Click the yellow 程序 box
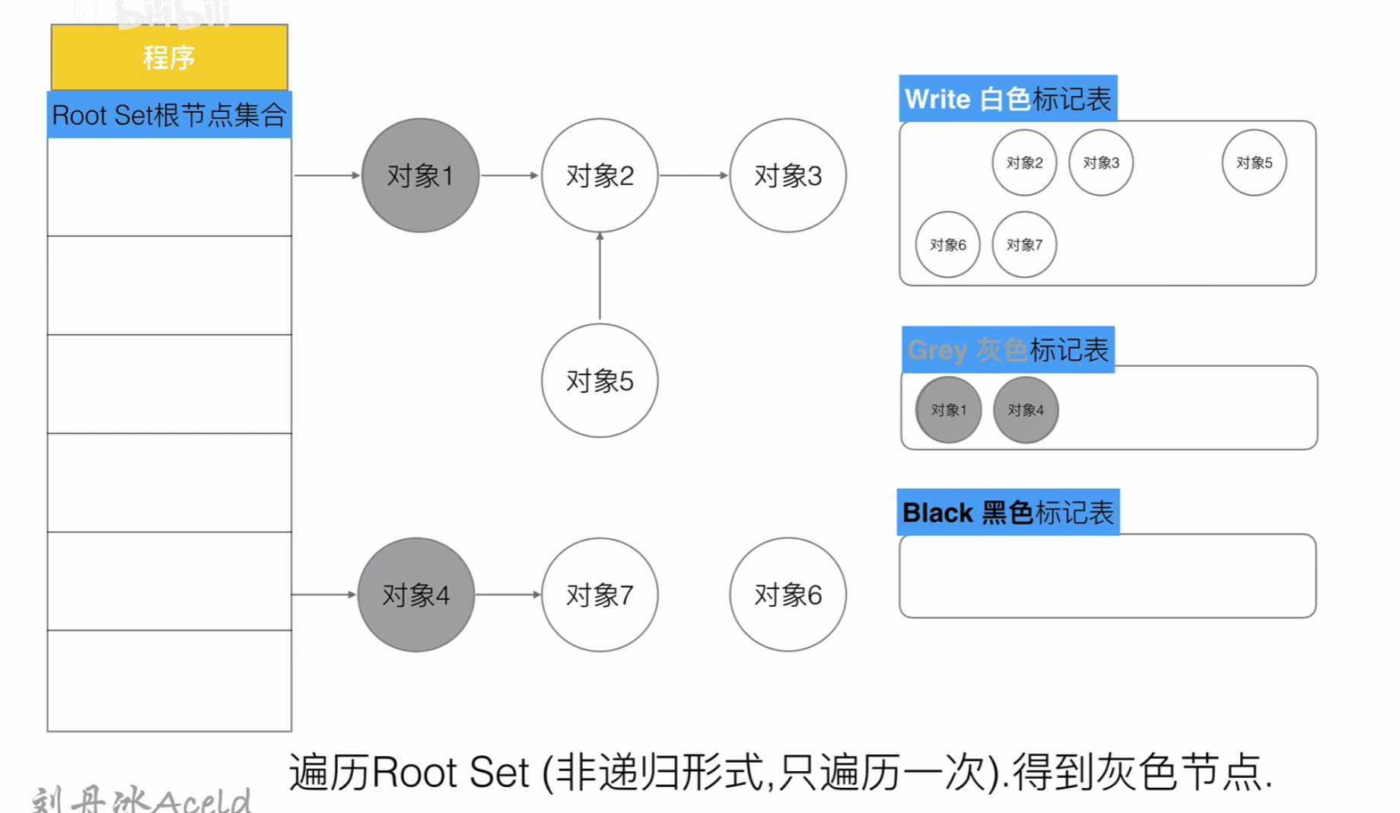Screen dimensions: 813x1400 [169, 57]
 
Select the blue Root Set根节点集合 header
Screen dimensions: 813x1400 [169, 115]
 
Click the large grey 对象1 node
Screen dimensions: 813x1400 [420, 175]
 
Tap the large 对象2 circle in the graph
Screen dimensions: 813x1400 [600, 175]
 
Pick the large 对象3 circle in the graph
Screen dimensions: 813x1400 [787, 175]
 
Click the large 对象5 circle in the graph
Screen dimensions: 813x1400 [600, 381]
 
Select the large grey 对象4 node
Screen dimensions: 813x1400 [415, 595]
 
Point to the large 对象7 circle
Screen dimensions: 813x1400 [600, 595]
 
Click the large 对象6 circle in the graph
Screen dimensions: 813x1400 [787, 595]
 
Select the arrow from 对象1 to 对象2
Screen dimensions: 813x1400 [509, 175]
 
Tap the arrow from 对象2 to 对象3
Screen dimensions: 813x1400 [693, 175]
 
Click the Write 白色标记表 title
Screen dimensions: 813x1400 [1007, 99]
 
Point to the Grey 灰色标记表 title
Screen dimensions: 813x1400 [1007, 349]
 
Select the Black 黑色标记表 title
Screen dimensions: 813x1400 [1007, 512]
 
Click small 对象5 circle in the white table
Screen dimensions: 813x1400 [1254, 162]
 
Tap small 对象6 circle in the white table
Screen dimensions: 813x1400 [947, 244]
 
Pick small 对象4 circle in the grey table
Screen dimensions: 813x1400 [1026, 410]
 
